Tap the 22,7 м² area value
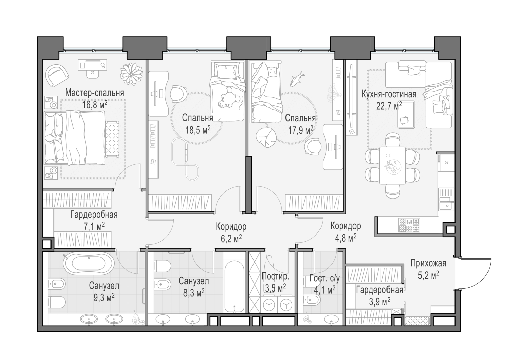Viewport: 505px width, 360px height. tap(389, 107)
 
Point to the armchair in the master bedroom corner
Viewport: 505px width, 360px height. tap(57, 75)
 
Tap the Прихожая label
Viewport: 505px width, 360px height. tap(428, 263)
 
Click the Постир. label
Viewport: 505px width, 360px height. tap(275, 277)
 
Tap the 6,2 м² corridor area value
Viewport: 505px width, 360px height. tap(231, 239)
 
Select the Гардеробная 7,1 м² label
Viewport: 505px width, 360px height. tap(94, 215)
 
